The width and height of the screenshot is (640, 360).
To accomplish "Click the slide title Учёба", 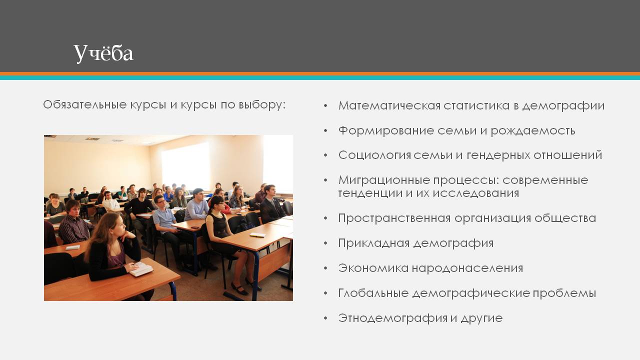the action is point(103,53).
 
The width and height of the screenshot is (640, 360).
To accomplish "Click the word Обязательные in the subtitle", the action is point(85,104).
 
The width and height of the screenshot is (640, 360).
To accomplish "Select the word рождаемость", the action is point(533,131).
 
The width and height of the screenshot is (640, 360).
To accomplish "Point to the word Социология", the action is point(374,155).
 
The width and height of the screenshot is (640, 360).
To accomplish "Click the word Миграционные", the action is point(384,180).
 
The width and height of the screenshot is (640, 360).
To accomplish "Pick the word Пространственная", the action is point(394,218).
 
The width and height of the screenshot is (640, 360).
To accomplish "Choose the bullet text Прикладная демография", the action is point(416,243).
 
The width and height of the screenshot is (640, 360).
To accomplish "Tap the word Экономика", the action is point(373,268).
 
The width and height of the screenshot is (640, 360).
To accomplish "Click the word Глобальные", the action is point(373,293).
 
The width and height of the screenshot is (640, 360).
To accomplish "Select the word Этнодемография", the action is point(393,318).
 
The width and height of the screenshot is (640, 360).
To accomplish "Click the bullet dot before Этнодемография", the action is point(325,318).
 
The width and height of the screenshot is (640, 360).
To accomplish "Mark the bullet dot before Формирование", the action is point(325,131).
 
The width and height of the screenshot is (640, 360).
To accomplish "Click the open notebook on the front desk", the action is point(141,269).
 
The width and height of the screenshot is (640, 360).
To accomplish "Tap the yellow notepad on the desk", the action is point(257,235).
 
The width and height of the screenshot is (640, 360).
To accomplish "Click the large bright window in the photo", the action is point(186,166).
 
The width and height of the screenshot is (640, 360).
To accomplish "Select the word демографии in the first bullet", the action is point(563,105).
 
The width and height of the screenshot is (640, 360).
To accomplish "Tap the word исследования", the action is point(475,193).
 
